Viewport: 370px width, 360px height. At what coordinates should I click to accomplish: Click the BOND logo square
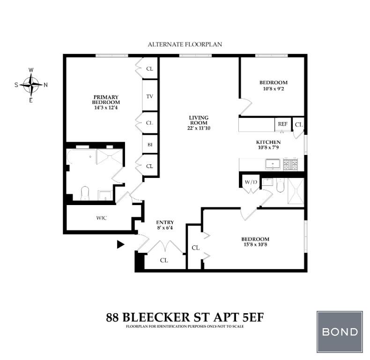[x=340, y=332]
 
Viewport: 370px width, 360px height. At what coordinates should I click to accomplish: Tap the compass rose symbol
[x=31, y=85]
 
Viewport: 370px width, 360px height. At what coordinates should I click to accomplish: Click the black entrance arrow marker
[x=121, y=244]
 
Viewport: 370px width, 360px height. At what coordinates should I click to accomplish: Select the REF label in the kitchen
[x=282, y=124]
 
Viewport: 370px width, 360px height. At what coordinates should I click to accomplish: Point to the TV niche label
[x=150, y=96]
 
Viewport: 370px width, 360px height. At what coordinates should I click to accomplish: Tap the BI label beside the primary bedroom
[x=150, y=145]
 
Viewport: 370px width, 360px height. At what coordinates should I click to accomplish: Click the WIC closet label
[x=102, y=218]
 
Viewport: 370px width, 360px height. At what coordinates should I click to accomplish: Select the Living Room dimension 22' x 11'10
[x=199, y=128]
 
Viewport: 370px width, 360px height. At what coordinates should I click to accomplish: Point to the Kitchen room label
[x=268, y=142]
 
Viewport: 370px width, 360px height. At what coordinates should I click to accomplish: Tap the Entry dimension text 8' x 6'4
[x=165, y=228]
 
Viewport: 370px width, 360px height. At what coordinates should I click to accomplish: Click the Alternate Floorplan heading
[x=185, y=44]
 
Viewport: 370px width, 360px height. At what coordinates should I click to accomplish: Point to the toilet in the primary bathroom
[x=85, y=193]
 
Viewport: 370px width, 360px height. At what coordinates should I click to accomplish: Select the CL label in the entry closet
[x=164, y=260]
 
